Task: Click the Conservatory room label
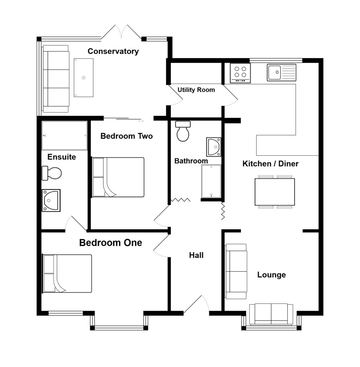113,51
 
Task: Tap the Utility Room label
196,90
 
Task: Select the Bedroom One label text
110,243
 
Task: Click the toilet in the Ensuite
52,173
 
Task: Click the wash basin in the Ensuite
51,200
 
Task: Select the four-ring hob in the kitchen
240,73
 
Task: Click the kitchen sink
281,72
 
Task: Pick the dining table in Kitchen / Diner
275,192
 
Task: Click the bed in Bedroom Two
118,177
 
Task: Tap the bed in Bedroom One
67,273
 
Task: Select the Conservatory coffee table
84,78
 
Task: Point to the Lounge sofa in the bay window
271,314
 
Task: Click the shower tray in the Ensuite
64,136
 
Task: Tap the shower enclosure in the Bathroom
211,181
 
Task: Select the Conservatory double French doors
121,32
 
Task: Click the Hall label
196,255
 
